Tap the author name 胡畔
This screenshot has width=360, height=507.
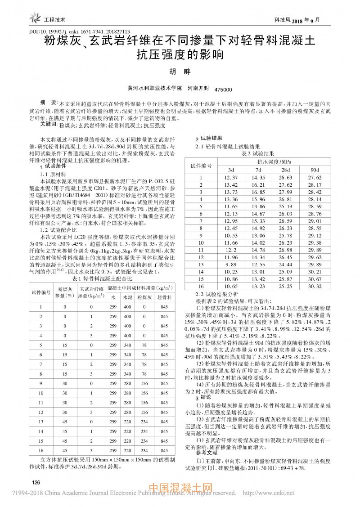coord(180,72)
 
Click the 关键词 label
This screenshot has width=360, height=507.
coord(48,124)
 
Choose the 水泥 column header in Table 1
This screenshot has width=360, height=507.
coord(128,297)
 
